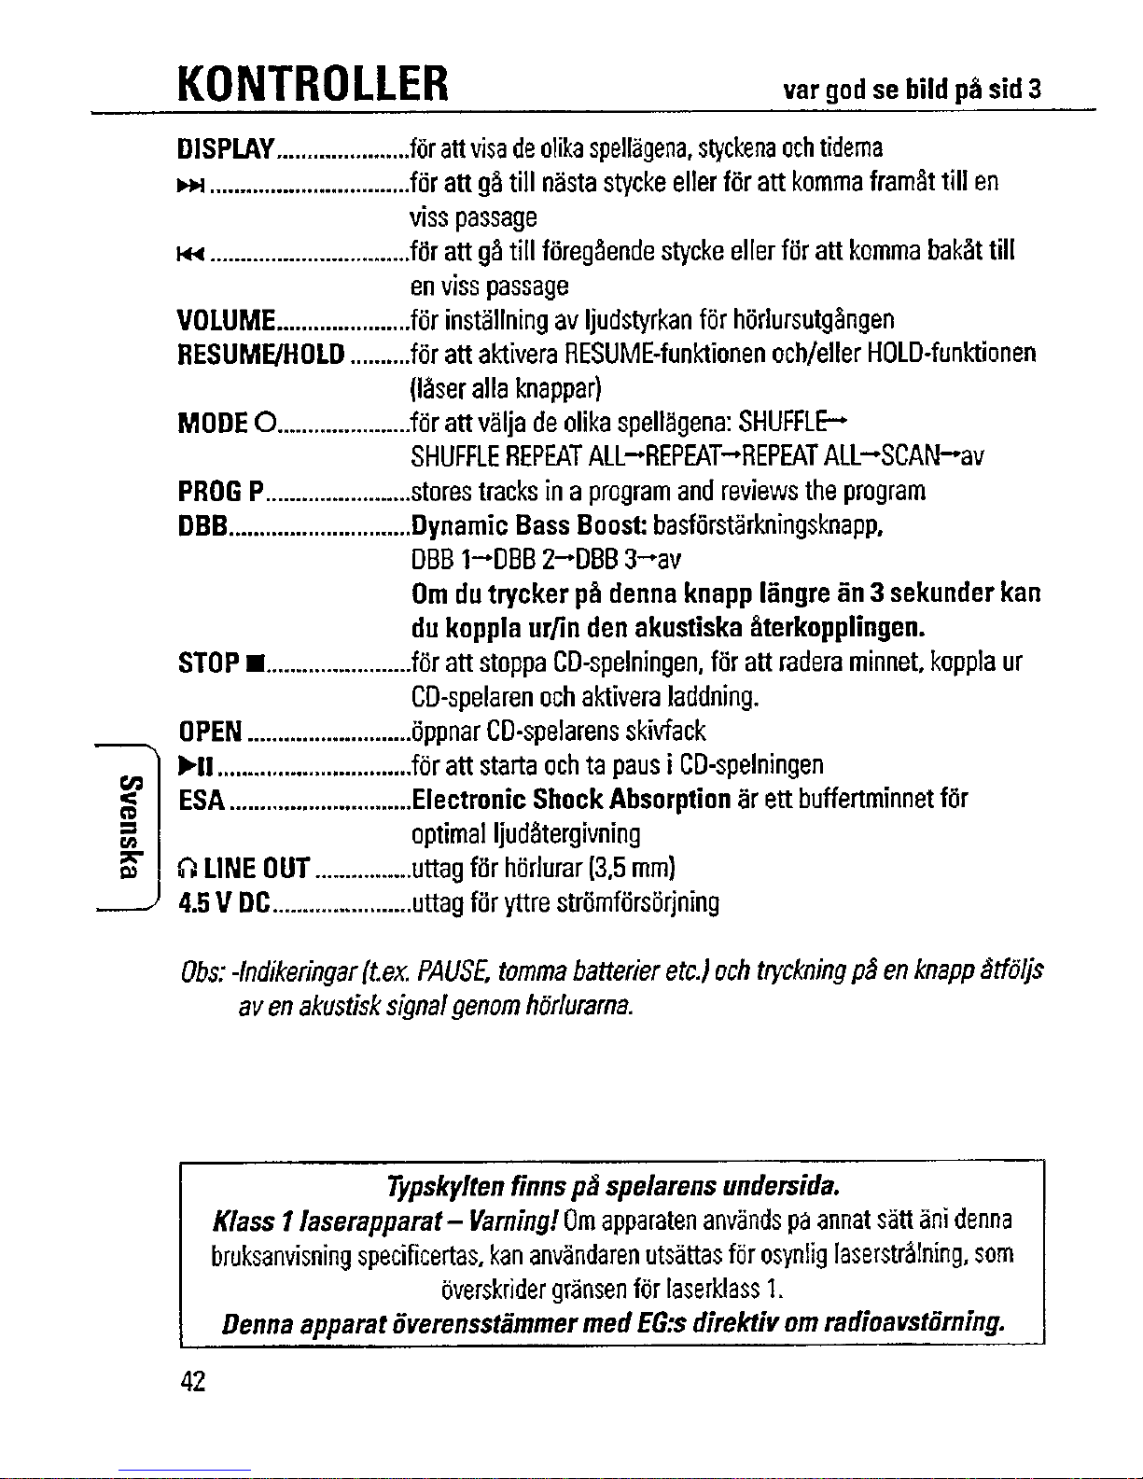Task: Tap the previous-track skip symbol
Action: (x=188, y=253)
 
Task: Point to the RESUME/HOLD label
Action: (x=261, y=355)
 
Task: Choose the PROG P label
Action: (x=219, y=492)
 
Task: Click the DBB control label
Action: (x=203, y=526)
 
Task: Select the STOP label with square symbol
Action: (x=219, y=664)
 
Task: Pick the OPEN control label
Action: (x=211, y=731)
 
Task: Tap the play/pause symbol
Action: (x=197, y=766)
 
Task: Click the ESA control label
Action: (x=201, y=800)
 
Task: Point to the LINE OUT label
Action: (x=244, y=870)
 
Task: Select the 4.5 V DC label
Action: (x=224, y=903)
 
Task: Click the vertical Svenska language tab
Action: (x=132, y=825)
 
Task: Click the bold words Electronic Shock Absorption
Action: (x=571, y=800)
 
